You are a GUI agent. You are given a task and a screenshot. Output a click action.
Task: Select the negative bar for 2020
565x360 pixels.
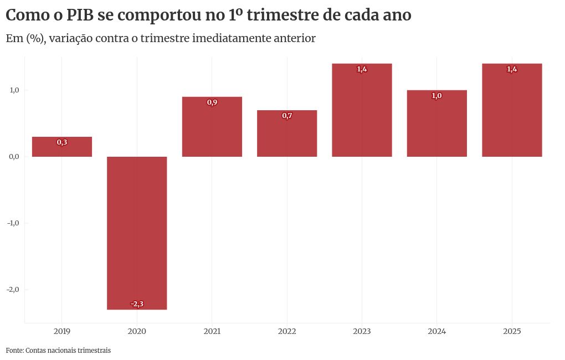point(137,233)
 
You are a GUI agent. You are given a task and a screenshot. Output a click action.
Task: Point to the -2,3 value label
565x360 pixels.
point(137,304)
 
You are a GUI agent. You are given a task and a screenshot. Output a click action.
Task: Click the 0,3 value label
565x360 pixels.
point(62,142)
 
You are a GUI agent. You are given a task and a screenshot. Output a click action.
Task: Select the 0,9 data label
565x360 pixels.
point(212,102)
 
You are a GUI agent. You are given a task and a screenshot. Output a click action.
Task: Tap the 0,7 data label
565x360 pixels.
point(287,116)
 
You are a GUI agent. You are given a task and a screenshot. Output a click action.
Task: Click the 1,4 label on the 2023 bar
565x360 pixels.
point(362,69)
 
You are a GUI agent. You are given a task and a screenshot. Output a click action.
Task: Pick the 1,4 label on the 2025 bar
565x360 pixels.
point(512,69)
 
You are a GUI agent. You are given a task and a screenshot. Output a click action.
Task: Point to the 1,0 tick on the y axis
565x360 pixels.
point(14,90)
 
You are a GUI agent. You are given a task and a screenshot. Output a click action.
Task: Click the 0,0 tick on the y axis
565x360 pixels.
point(14,157)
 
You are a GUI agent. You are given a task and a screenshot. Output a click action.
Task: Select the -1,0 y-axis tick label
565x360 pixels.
point(13,223)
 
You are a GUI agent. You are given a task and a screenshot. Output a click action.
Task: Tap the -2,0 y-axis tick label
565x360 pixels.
point(13,290)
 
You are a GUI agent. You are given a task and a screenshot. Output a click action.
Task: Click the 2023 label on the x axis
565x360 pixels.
point(362,332)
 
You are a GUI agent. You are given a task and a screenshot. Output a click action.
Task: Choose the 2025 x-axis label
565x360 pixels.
point(512,332)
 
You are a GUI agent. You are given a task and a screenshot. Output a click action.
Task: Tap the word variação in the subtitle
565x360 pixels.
point(69,38)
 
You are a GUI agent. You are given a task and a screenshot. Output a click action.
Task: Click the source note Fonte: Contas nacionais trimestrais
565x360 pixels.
point(58,351)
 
